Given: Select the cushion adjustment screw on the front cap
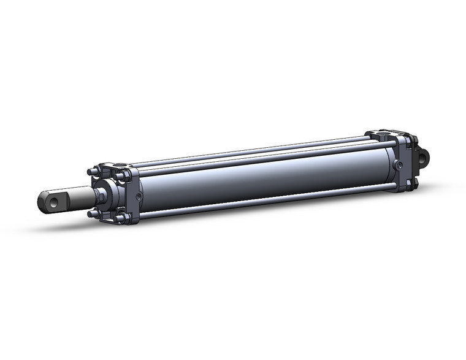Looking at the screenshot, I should click(139, 196).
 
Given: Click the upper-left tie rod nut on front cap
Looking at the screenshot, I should click(93, 172).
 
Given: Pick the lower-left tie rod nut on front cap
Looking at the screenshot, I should click(93, 213).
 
